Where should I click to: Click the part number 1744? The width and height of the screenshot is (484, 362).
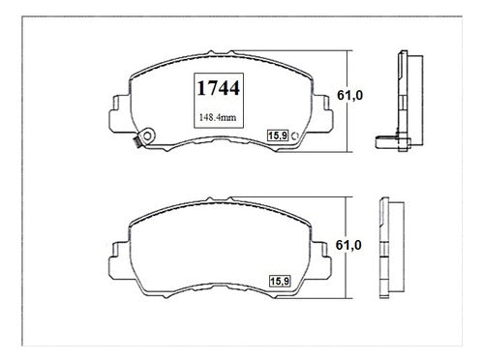click(219, 88)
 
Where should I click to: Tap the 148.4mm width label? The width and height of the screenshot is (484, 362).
click(218, 117)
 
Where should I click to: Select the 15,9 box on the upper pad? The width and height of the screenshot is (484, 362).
click(278, 136)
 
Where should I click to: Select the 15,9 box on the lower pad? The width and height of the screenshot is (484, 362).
click(280, 281)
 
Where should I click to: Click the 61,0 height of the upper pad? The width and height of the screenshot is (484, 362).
click(349, 95)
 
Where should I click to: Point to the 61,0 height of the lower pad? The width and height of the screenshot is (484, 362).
click(348, 245)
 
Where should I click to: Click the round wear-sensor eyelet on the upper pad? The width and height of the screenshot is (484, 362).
click(147, 136)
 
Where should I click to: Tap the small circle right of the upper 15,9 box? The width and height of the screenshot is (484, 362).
click(295, 136)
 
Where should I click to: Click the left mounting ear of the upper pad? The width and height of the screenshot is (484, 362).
click(119, 114)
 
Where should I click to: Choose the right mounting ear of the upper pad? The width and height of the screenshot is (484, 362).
click(322, 113)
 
